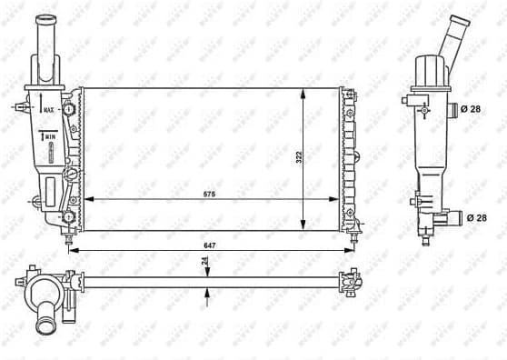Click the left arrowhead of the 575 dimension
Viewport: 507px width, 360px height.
(86, 199)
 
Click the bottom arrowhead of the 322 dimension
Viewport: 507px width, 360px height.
(302, 227)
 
